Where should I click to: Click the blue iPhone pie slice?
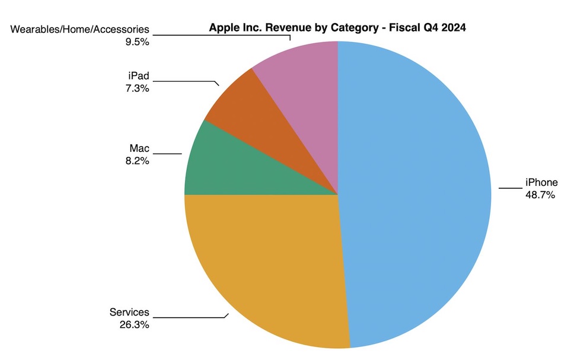[x=415, y=196]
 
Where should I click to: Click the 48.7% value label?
[x=540, y=194]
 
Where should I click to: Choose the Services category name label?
[x=129, y=313]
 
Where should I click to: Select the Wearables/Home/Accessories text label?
[x=81, y=30]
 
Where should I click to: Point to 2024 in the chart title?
[x=454, y=27]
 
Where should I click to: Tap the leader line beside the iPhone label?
[x=509, y=189]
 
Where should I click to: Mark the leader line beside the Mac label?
[x=170, y=154]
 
